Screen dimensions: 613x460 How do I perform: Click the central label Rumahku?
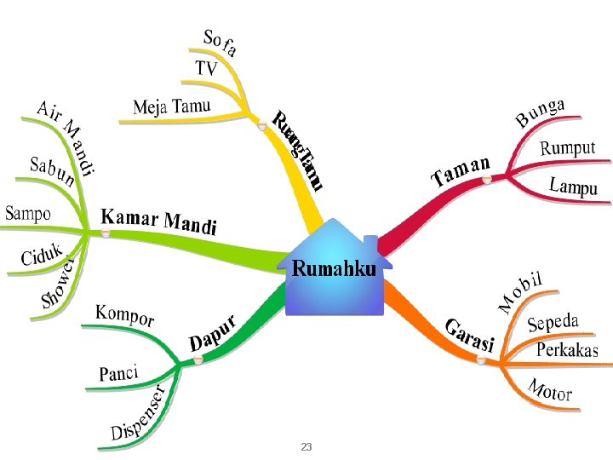pyautogui.click(x=334, y=268)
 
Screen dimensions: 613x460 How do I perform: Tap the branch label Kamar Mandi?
pyautogui.click(x=158, y=221)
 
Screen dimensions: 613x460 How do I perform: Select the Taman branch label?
pyautogui.click(x=461, y=171)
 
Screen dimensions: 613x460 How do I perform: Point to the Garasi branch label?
pyautogui.click(x=469, y=336)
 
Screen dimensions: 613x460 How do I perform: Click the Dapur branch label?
pyautogui.click(x=213, y=333)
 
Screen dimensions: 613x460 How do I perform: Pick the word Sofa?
pyautogui.click(x=221, y=43)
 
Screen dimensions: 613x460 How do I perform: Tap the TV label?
pyautogui.click(x=206, y=68)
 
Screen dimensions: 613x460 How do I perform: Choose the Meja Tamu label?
pyautogui.click(x=172, y=106)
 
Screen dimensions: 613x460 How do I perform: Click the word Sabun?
pyautogui.click(x=52, y=171)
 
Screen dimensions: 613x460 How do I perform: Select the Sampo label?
pyautogui.click(x=28, y=214)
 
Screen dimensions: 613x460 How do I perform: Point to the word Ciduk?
pyautogui.click(x=42, y=254)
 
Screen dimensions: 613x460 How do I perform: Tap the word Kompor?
pyautogui.click(x=124, y=315)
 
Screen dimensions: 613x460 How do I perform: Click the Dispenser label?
pyautogui.click(x=137, y=412)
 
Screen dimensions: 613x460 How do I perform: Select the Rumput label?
pyautogui.click(x=568, y=148)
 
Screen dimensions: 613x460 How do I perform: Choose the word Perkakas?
pyautogui.click(x=567, y=349)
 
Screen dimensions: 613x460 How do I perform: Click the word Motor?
pyautogui.click(x=550, y=389)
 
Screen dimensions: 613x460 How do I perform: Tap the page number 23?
pyautogui.click(x=306, y=446)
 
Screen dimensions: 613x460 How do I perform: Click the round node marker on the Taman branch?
pyautogui.click(x=486, y=179)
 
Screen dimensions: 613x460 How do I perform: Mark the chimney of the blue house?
pyautogui.click(x=371, y=244)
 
